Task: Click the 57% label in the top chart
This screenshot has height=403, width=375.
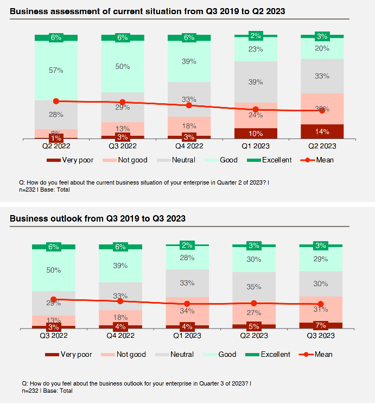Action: (x=56, y=70)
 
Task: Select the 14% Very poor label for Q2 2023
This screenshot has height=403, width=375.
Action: (x=322, y=131)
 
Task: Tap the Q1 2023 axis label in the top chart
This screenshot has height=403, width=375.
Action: (x=255, y=146)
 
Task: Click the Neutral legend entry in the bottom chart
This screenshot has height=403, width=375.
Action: (x=182, y=354)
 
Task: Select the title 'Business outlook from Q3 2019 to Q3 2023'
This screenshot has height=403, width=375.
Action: (x=98, y=218)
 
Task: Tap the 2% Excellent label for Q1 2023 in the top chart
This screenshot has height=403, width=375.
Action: (x=255, y=36)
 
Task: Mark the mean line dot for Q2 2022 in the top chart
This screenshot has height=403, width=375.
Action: (x=56, y=101)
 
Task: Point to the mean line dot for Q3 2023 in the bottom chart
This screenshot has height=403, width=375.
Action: (x=321, y=304)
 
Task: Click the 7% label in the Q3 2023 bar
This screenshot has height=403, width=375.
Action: (x=321, y=325)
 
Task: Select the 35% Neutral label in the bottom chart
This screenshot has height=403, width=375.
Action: (x=254, y=286)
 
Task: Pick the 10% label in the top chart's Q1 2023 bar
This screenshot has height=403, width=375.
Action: (x=255, y=134)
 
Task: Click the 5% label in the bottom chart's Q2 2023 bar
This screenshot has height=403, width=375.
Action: (x=254, y=326)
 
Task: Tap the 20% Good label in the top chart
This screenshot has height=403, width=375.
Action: (x=322, y=48)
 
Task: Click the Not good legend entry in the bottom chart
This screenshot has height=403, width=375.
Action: (x=131, y=354)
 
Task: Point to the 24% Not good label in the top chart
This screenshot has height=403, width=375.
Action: (x=255, y=115)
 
